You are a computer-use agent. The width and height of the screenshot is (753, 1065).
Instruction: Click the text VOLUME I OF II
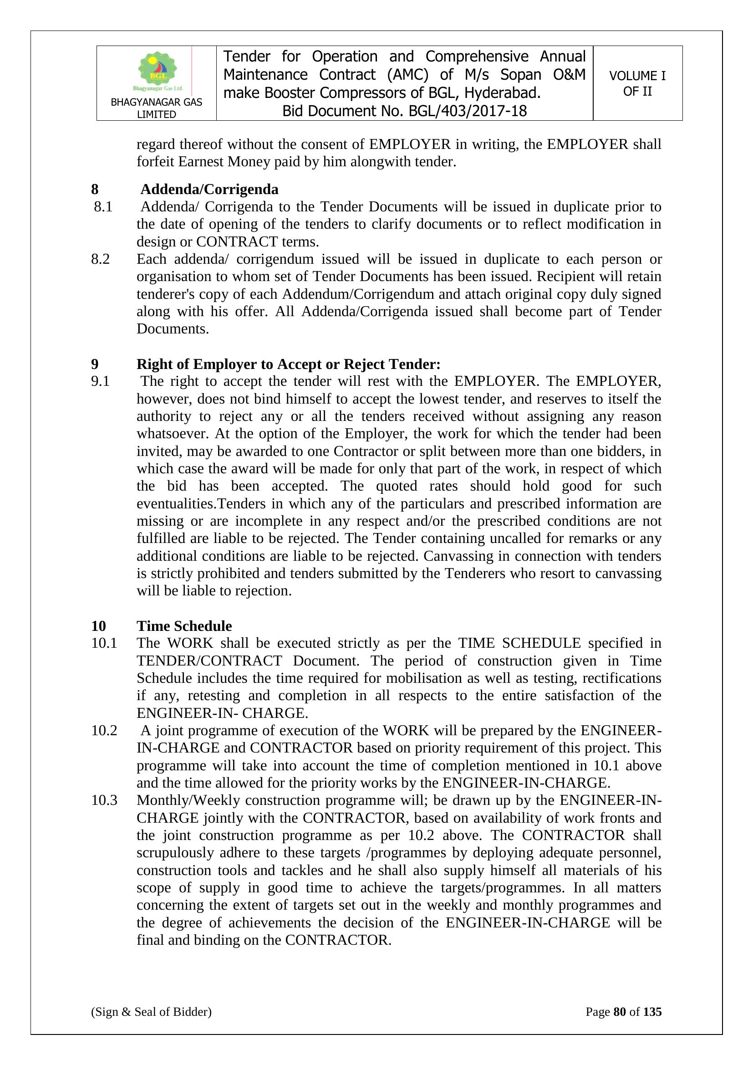[637, 83]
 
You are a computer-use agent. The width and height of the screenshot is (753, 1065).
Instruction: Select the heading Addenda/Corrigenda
[209, 189]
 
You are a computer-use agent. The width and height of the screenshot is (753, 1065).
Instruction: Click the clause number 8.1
[103, 206]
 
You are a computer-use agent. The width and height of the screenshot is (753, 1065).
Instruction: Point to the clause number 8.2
[100, 259]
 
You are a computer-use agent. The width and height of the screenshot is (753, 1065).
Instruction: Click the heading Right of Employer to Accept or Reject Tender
[288, 364]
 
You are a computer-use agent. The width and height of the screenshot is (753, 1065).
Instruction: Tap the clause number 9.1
[100, 381]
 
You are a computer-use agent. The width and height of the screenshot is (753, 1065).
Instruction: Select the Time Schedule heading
[184, 626]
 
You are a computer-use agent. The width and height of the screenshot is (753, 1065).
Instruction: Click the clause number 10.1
[104, 643]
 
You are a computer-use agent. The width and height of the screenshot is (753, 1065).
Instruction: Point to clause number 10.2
[104, 731]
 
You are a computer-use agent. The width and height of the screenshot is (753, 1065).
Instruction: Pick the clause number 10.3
[104, 800]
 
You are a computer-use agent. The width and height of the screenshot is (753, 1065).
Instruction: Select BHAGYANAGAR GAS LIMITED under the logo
[156, 108]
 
